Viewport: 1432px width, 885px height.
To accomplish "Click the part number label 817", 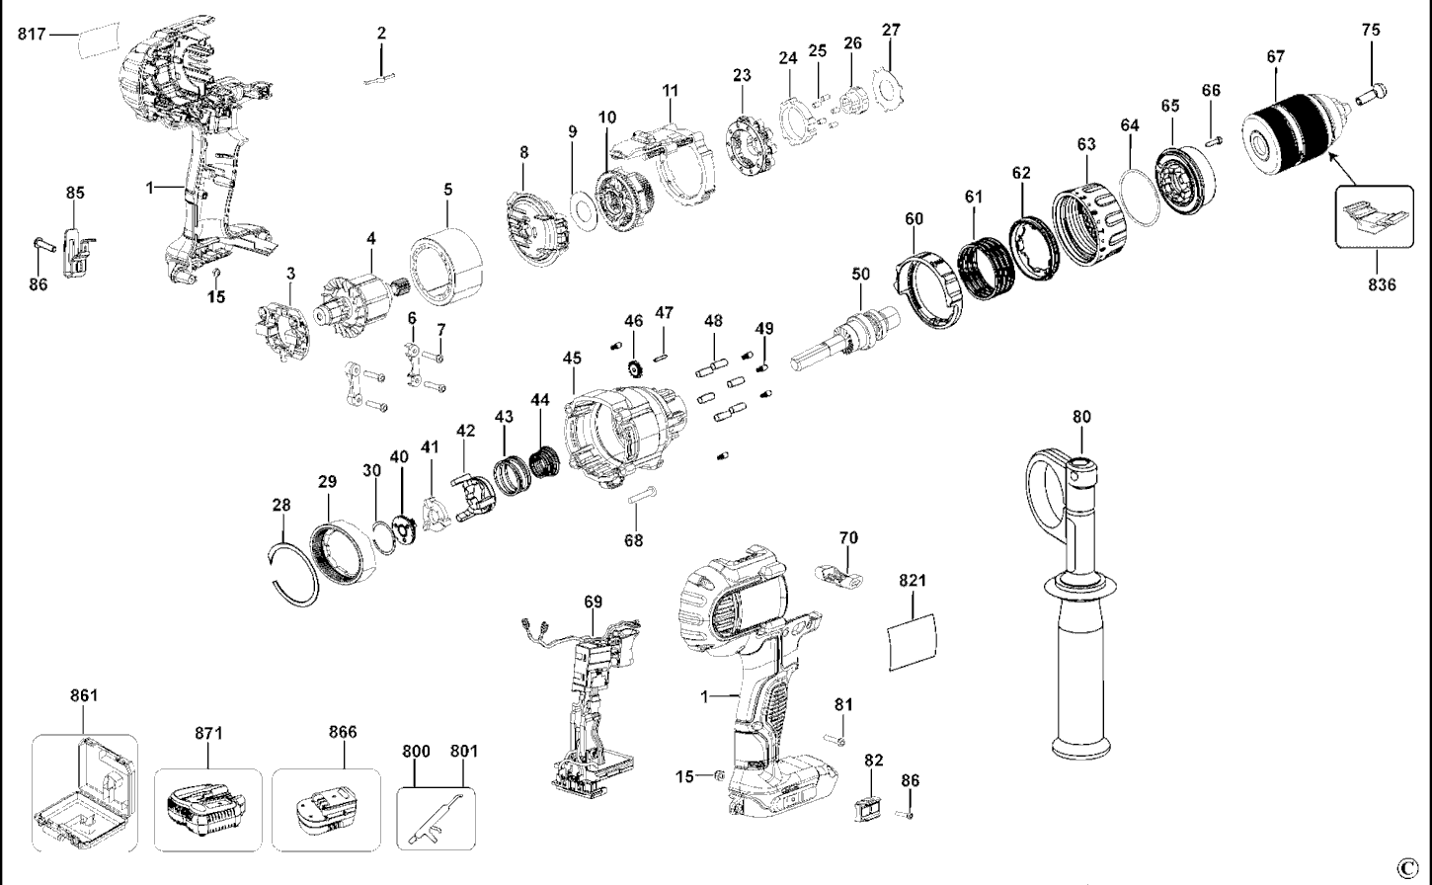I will (32, 35).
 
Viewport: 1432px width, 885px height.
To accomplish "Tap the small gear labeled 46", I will (634, 370).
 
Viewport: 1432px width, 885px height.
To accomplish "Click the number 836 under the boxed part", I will (1382, 285).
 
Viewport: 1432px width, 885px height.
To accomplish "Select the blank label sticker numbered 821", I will (914, 643).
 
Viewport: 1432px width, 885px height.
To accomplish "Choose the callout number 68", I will (633, 540).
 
